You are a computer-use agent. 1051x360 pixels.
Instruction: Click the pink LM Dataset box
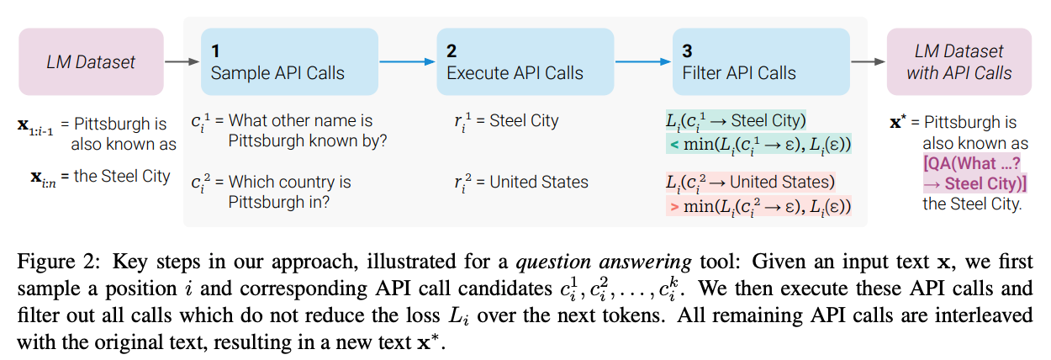click(x=91, y=61)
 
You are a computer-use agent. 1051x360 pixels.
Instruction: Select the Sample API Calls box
click(x=289, y=61)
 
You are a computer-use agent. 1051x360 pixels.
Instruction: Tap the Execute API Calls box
click(x=525, y=61)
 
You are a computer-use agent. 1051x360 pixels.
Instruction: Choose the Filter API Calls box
click(x=761, y=61)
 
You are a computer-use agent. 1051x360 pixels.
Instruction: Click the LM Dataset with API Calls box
click(x=959, y=61)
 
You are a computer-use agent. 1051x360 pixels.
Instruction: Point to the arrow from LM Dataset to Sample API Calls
click(x=182, y=61)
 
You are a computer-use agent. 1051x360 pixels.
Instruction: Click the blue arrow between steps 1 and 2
click(x=407, y=61)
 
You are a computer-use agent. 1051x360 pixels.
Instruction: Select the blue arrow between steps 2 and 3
click(x=643, y=61)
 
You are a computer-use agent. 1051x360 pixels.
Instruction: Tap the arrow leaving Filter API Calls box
click(x=868, y=61)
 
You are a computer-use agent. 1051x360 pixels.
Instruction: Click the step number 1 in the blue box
click(x=215, y=50)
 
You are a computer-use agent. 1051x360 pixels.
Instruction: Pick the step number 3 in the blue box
click(x=687, y=50)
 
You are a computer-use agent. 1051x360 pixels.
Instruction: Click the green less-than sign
click(x=674, y=144)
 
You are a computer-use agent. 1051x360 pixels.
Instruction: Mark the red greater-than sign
click(x=674, y=206)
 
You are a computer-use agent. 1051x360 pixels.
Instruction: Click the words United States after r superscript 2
click(x=539, y=182)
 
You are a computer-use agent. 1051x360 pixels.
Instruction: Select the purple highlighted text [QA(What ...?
click(x=972, y=163)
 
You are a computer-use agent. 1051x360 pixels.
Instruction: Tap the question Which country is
click(x=289, y=182)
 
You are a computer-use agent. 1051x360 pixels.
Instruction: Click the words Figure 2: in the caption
click(x=59, y=262)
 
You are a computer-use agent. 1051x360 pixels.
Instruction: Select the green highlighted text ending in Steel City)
click(x=736, y=120)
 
